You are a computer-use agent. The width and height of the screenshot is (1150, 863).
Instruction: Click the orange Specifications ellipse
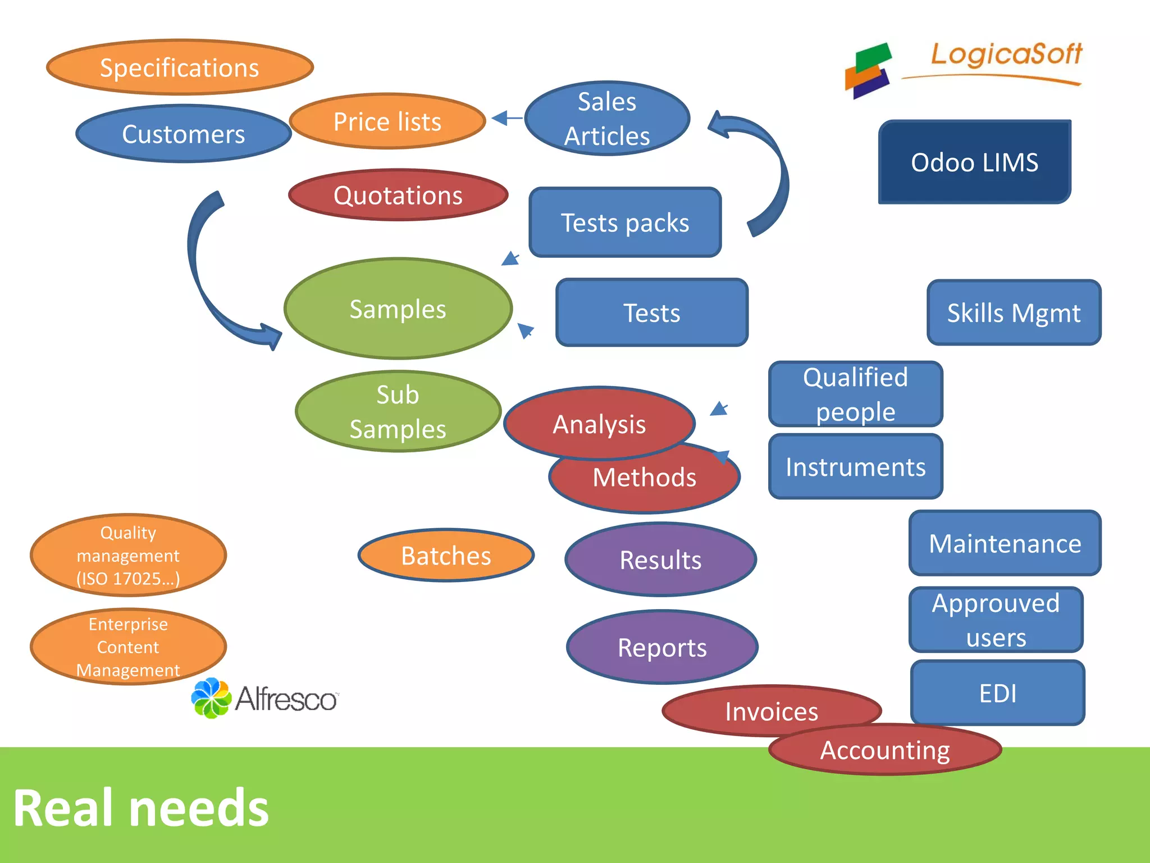tap(180, 67)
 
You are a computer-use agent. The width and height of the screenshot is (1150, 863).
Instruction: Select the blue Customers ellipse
tap(183, 134)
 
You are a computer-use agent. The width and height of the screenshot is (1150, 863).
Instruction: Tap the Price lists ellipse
tap(387, 121)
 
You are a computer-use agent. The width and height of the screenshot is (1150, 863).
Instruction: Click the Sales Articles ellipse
tap(607, 119)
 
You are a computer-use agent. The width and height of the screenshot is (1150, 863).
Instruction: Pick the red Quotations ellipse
tap(398, 196)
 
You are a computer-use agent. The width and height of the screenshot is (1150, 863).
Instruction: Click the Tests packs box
tap(625, 222)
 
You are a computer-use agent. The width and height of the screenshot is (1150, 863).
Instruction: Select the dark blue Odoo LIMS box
tap(974, 162)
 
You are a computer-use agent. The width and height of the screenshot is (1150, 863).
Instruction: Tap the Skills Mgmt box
tap(1014, 313)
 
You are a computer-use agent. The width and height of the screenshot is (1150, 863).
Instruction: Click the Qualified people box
tap(855, 394)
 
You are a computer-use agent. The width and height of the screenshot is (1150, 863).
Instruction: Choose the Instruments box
tap(855, 467)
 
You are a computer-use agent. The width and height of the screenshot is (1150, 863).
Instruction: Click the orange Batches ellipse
tap(446, 556)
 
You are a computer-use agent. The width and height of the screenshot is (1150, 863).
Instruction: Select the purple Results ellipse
tap(660, 560)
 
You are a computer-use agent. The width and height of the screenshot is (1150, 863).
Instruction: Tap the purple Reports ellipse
tap(662, 647)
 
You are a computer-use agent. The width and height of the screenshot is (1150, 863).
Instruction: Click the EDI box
tap(997, 693)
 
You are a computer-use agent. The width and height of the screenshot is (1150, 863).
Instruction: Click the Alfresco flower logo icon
tap(211, 698)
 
